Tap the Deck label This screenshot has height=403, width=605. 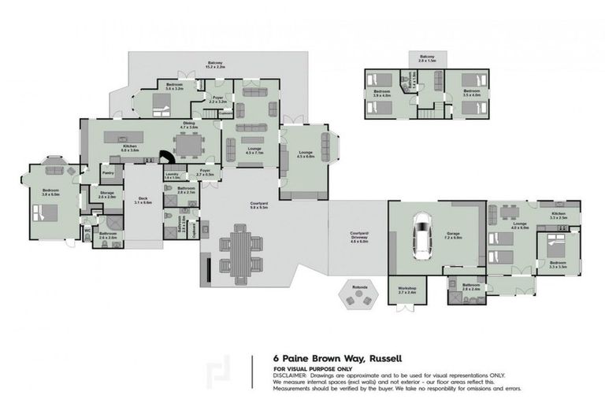click(x=143, y=200)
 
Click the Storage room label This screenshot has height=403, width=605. click(x=106, y=194)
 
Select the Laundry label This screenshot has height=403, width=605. click(x=173, y=176)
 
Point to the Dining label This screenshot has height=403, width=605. click(x=189, y=124)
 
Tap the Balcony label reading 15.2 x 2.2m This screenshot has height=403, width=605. click(x=216, y=65)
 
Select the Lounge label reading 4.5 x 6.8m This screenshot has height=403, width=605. click(x=306, y=154)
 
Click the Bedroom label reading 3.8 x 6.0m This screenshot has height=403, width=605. click(x=50, y=191)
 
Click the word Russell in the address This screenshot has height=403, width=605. click(x=389, y=358)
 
